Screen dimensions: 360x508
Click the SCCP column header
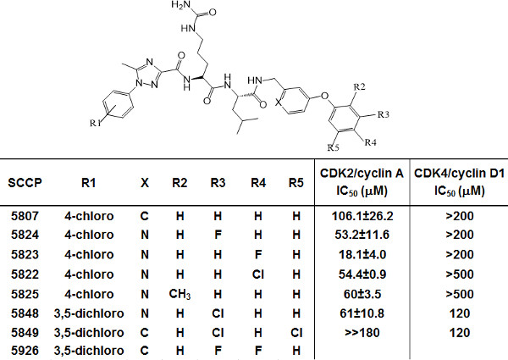pos(25,181)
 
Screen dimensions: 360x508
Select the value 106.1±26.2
pos(354,215)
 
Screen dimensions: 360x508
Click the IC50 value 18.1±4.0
pos(354,252)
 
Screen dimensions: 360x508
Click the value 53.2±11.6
pos(354,234)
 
